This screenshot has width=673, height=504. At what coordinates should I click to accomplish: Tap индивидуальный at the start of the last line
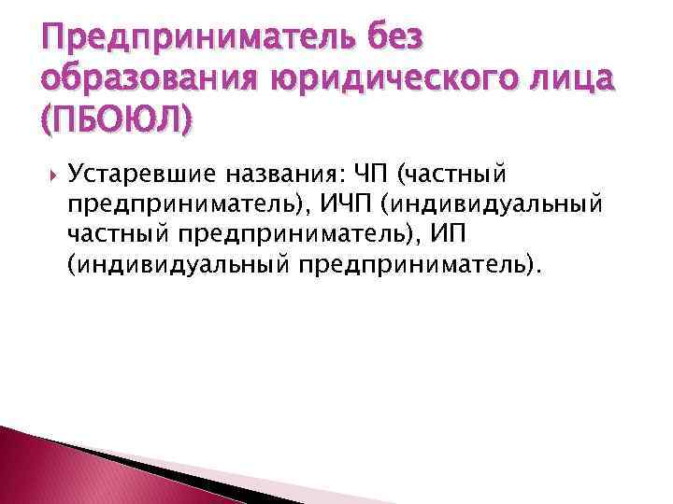[178, 267]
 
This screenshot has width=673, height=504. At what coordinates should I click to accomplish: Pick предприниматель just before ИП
[311, 235]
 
